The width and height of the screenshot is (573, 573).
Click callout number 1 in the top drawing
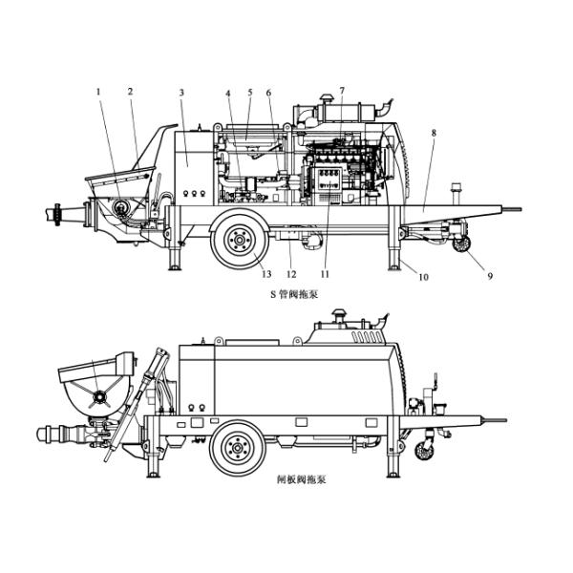tap(97, 92)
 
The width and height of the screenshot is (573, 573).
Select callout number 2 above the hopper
tap(130, 92)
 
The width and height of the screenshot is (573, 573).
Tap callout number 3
tap(181, 92)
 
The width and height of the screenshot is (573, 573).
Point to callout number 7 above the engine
tap(342, 91)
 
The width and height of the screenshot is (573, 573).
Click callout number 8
tap(434, 134)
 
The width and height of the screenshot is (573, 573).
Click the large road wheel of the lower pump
tap(235, 447)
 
